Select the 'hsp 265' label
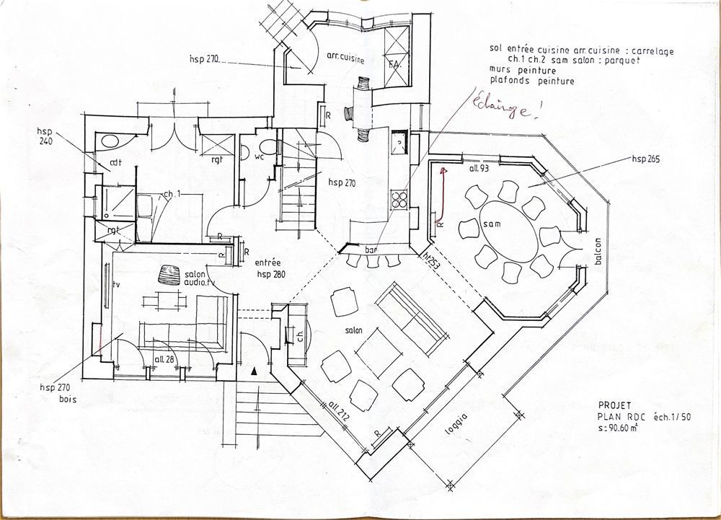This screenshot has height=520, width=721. [647, 157]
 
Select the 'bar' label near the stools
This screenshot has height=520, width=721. [372, 250]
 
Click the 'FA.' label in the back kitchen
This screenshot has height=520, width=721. [394, 65]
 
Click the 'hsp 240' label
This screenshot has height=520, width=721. [44, 136]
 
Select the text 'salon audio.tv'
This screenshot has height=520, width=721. [195, 279]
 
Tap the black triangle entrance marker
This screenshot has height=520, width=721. [254, 371]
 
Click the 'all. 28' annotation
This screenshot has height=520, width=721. [165, 358]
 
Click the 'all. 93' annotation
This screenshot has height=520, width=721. [480, 168]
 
